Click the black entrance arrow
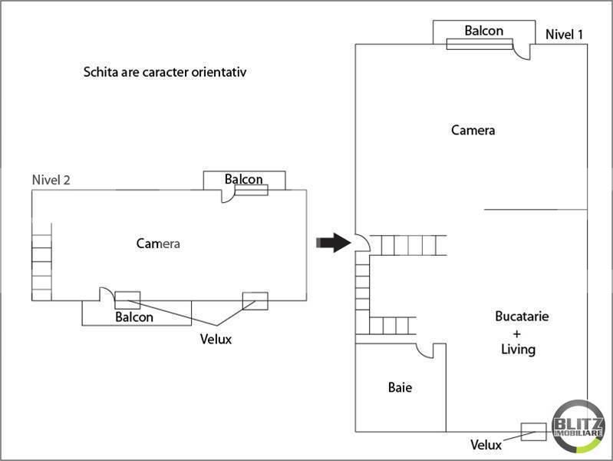tap(332, 243)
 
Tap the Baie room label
tap(400, 388)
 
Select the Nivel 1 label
tap(565, 35)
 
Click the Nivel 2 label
tap(51, 180)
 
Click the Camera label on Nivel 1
tap(473, 130)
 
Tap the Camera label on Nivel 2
tap(157, 244)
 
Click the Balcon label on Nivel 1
tap(484, 31)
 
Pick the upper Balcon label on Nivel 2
tap(244, 179)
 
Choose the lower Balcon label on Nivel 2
tap(134, 317)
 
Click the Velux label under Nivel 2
tap(216, 338)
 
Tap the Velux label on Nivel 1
tap(486, 445)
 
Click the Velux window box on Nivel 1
tap(533, 432)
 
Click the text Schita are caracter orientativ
tap(168, 73)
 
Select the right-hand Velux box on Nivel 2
tap(255, 300)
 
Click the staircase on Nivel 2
tap(41, 261)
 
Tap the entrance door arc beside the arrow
tap(363, 243)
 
